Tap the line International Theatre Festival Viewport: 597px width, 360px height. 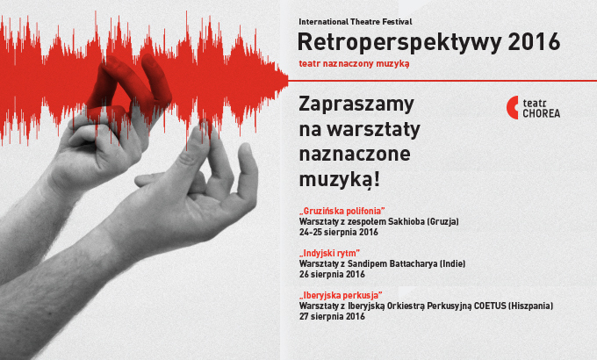pos(356,22)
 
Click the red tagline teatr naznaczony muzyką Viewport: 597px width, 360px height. pos(354,63)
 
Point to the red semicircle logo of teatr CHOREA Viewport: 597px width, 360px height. pos(512,107)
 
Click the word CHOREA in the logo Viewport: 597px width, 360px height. pos(541,113)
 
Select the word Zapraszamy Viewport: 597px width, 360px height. pos(356,104)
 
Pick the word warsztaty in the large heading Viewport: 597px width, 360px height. pos(373,130)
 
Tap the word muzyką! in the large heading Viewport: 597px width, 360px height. pos(339,179)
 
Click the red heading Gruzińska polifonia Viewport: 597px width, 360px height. pos(342,211)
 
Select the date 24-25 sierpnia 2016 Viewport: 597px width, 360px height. pos(339,232)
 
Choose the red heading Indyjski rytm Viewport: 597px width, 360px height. pos(329,253)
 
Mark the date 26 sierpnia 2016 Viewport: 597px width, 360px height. pos(332,274)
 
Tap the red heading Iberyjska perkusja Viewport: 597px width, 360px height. pos(341,295)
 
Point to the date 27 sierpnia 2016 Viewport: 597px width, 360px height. pos(332,316)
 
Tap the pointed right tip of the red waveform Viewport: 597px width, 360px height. pos(288,81)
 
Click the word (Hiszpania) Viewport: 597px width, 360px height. pos(531,306)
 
